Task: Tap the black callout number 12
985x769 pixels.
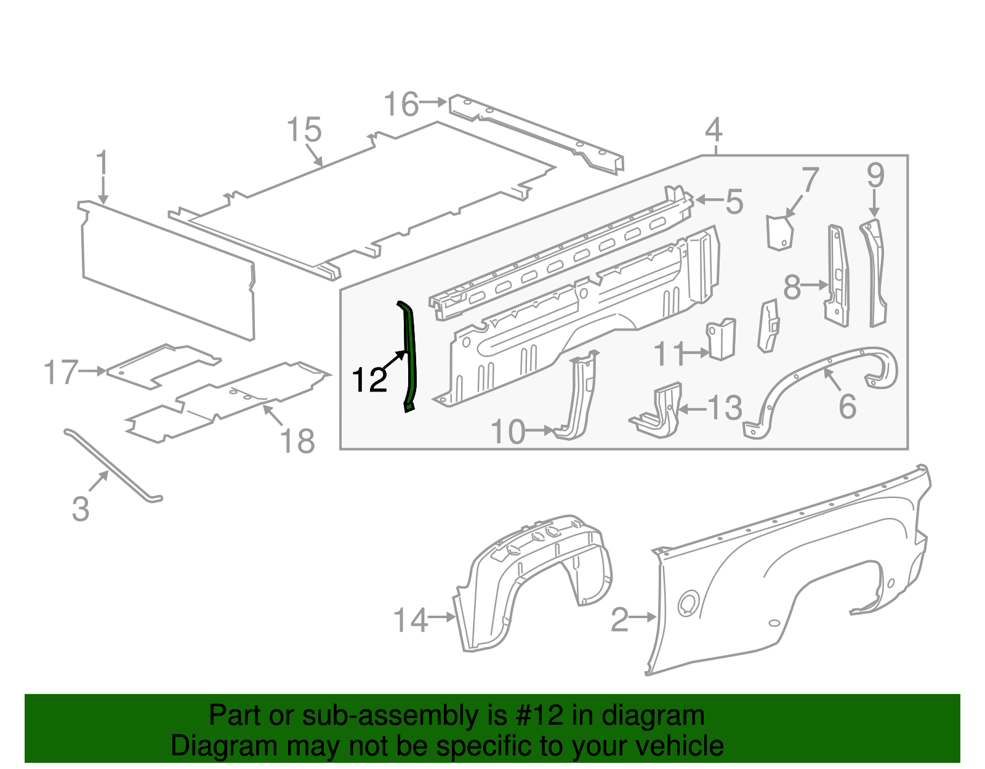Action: click(x=369, y=380)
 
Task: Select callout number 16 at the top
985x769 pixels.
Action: click(x=401, y=104)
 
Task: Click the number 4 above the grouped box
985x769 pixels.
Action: click(x=714, y=130)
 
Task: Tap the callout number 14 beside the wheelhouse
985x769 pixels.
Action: click(x=410, y=620)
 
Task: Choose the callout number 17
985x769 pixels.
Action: click(x=61, y=372)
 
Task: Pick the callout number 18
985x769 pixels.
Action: click(x=297, y=441)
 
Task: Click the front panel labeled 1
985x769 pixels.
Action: click(x=166, y=271)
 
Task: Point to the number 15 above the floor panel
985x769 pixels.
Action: click(x=304, y=130)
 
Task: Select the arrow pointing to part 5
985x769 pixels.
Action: click(x=707, y=200)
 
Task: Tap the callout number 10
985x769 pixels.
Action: click(x=508, y=432)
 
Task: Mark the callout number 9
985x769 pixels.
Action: click(x=875, y=175)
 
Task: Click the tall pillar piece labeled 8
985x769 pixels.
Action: click(x=837, y=277)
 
